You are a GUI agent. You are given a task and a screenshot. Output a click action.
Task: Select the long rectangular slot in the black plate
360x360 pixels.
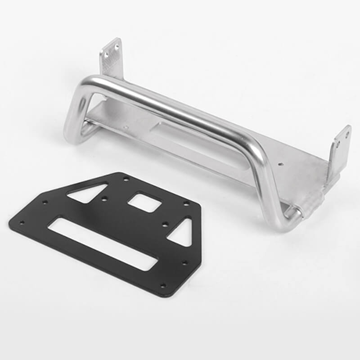[103, 243]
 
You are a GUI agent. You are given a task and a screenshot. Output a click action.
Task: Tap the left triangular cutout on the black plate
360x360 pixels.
[88, 193]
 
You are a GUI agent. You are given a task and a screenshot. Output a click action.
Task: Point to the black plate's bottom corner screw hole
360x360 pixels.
[163, 285]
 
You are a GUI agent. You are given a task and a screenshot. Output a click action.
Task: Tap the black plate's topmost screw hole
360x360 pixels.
[126, 179]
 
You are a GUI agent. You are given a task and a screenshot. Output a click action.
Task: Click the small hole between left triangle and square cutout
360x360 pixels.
[104, 198]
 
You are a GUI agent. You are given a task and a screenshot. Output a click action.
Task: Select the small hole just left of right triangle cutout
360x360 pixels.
[165, 224]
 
